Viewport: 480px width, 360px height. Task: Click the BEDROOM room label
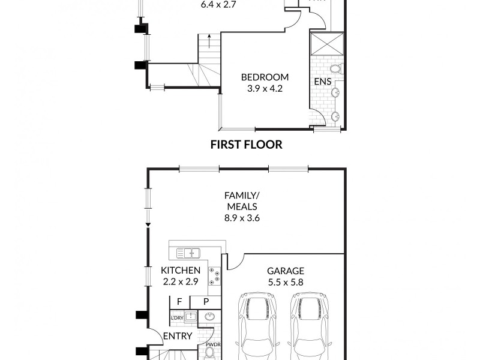pos(265,77)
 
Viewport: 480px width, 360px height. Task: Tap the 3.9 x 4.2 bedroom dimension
pos(265,89)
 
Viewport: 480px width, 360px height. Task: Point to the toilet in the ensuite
pos(335,68)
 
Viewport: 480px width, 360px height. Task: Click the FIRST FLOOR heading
pos(246,145)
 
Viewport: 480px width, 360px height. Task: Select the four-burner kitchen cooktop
pos(214,275)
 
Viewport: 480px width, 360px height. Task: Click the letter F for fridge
pos(179,301)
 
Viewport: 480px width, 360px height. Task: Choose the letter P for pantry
pos(205,301)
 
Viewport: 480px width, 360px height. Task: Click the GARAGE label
pos(286,271)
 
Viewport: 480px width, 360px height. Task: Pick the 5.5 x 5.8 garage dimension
pos(286,281)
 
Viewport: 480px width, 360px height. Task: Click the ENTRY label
pos(178,336)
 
